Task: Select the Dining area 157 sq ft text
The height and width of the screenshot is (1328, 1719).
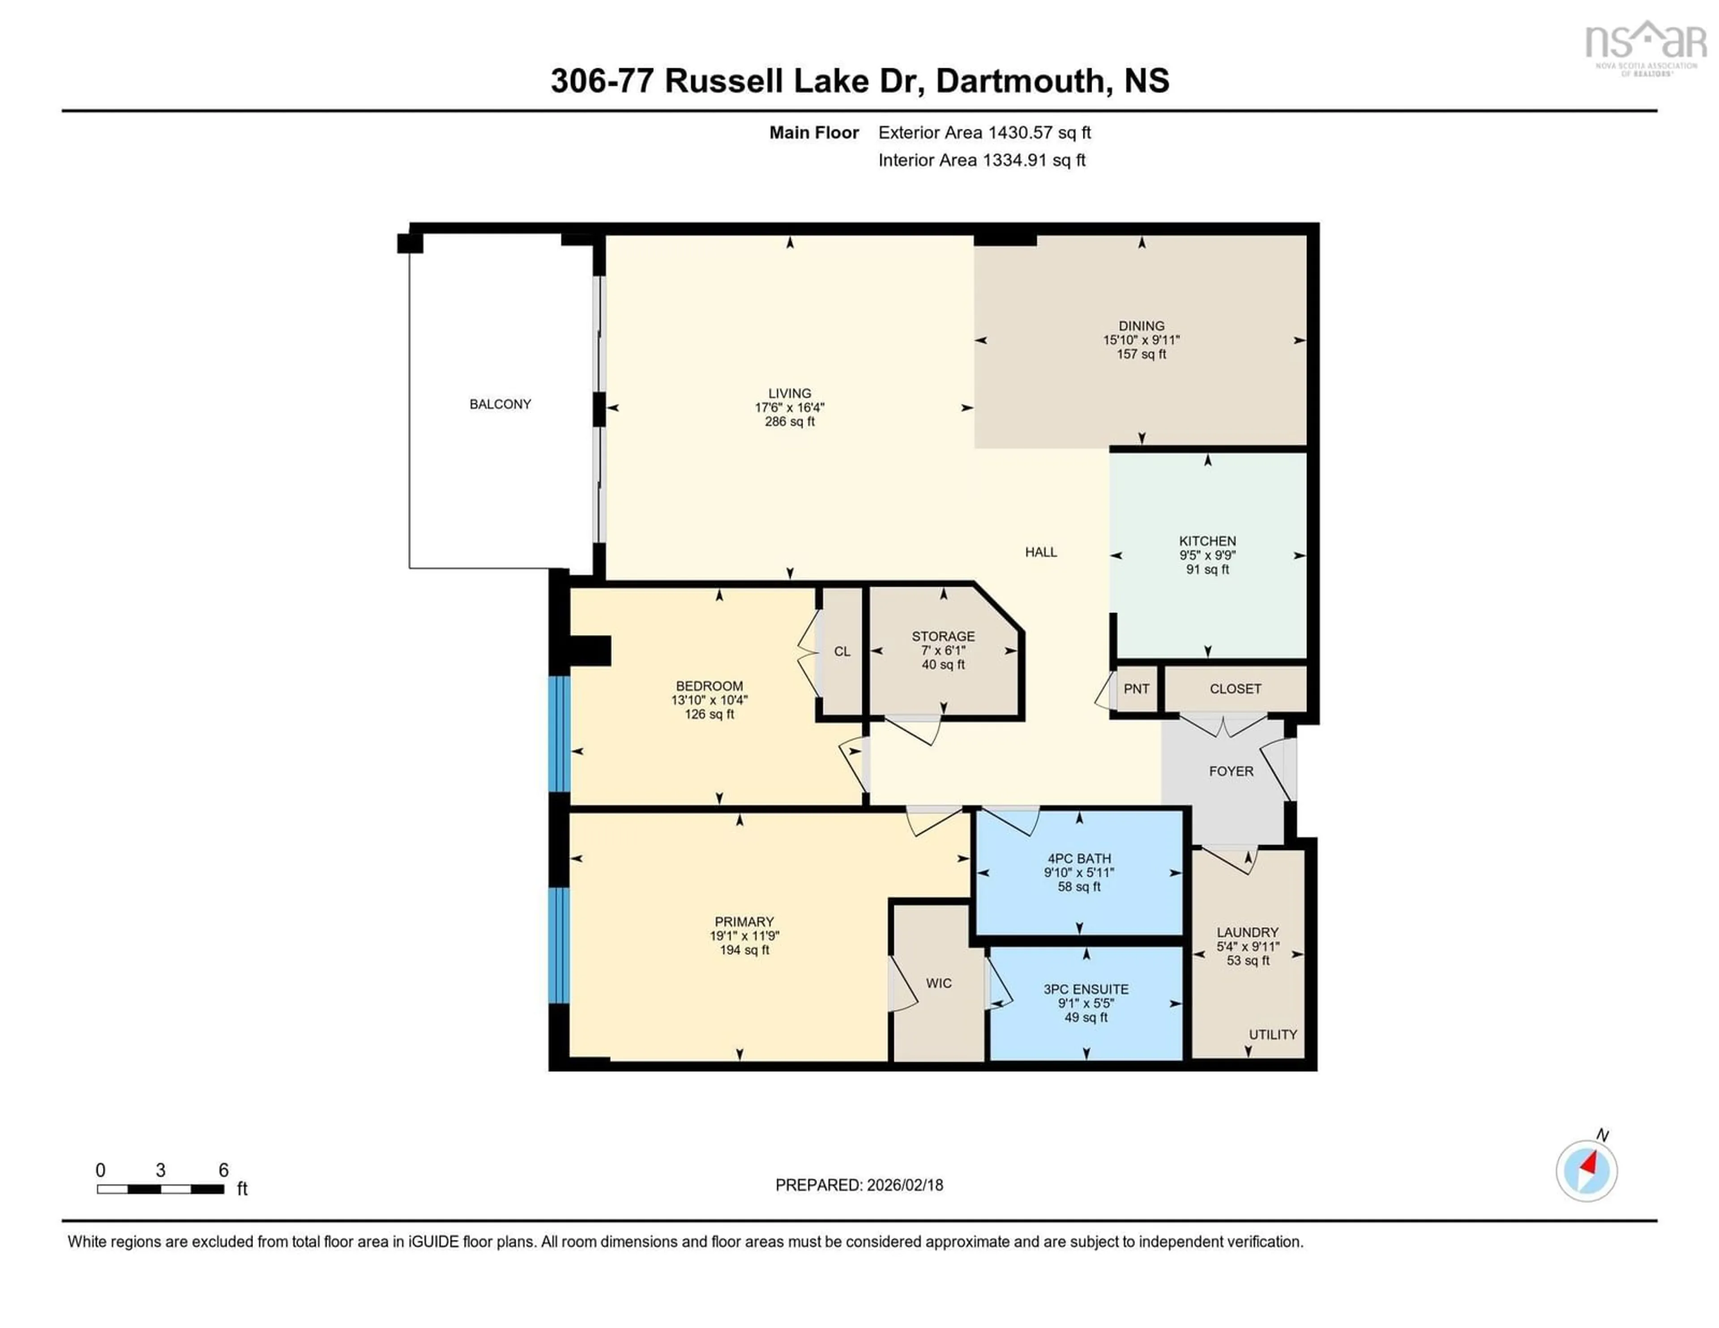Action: click(1141, 354)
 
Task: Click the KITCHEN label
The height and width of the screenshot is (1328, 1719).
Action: click(1207, 541)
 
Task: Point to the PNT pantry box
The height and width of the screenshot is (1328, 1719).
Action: click(1137, 689)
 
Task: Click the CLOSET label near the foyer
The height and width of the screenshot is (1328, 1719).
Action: click(1235, 689)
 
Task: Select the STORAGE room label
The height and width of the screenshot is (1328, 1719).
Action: click(943, 636)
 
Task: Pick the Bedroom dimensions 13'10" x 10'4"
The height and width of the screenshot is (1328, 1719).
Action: click(709, 700)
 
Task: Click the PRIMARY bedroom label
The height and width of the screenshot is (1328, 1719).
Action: click(744, 922)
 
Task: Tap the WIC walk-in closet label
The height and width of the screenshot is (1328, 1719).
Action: click(938, 983)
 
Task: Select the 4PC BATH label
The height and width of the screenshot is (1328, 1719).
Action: click(1079, 859)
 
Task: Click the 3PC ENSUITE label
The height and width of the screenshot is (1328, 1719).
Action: click(1086, 990)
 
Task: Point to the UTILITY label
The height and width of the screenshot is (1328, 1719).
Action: click(1273, 1034)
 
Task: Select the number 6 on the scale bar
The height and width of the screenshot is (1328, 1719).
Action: click(223, 1170)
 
